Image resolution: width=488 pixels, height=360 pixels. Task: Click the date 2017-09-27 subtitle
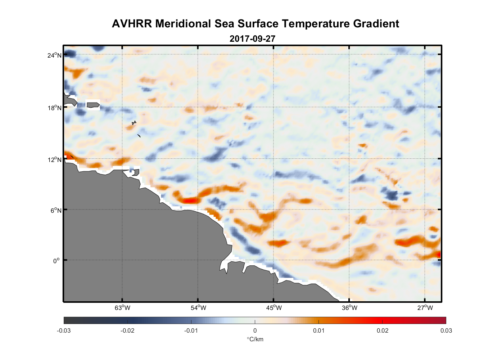pyautogui.click(x=252, y=39)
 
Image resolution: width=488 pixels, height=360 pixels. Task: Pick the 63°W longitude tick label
pyautogui.click(x=122, y=308)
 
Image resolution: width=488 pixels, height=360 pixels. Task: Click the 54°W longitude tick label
pyautogui.click(x=198, y=308)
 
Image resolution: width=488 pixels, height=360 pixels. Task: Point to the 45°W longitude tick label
pyautogui.click(x=274, y=308)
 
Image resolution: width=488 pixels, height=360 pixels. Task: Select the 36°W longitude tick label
pyautogui.click(x=349, y=308)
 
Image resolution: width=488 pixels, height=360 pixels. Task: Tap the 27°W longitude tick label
pyautogui.click(x=425, y=308)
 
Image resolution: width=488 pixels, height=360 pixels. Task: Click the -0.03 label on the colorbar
pyautogui.click(x=64, y=330)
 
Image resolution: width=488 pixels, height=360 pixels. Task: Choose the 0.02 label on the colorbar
pyautogui.click(x=382, y=330)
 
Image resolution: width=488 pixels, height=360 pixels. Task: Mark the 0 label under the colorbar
pyautogui.click(x=255, y=330)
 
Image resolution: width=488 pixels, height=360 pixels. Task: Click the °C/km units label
pyautogui.click(x=255, y=339)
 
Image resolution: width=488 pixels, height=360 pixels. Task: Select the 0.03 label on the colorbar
pyautogui.click(x=446, y=330)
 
